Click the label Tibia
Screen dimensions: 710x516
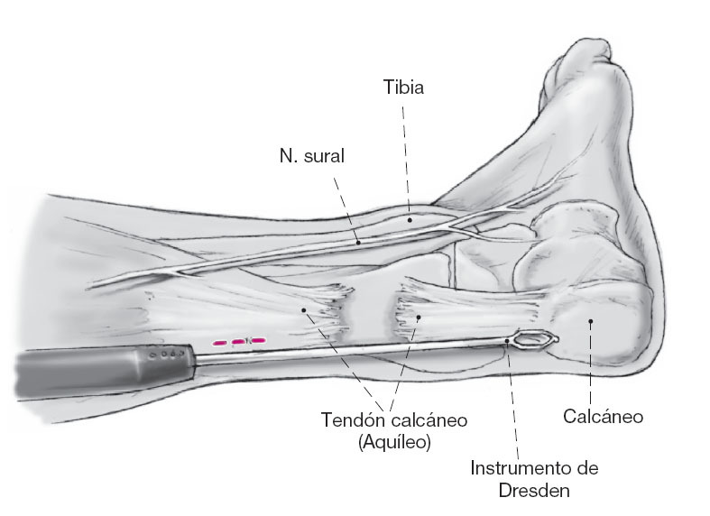tap(403, 88)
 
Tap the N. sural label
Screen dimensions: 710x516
tap(312, 155)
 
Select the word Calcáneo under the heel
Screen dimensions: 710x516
tap(603, 417)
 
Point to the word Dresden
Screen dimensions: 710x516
tap(534, 492)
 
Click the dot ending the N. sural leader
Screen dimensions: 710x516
tap(358, 242)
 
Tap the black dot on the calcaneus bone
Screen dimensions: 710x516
tap(590, 319)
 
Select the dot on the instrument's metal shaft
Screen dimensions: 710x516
tap(507, 341)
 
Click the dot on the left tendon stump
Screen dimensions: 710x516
tap(305, 309)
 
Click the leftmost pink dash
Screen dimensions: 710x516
tap(219, 343)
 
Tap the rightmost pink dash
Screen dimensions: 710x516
tap(257, 341)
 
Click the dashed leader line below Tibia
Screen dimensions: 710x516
tap(406, 153)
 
